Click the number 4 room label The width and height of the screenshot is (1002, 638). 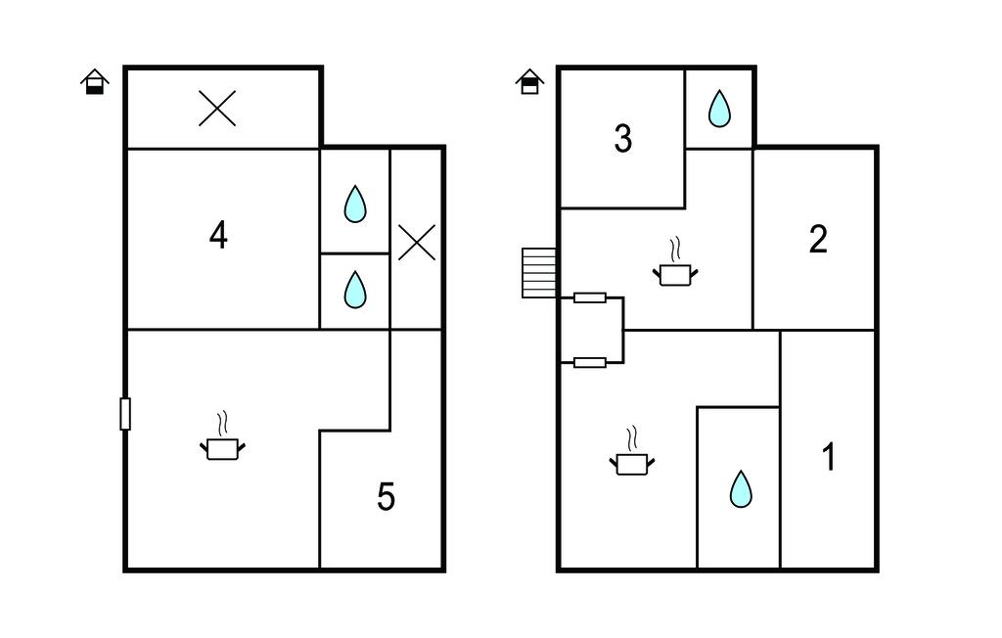(218, 235)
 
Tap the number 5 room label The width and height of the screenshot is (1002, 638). (387, 497)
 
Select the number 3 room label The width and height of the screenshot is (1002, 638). (622, 139)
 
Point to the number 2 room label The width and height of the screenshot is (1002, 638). (818, 239)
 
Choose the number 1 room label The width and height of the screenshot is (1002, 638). (829, 457)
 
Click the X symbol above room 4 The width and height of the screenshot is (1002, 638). (217, 108)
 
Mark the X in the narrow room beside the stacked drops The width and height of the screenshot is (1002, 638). (417, 242)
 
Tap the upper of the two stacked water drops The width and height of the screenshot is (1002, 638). (355, 205)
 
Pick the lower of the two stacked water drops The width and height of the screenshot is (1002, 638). (355, 290)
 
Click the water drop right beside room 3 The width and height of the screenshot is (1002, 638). (719, 109)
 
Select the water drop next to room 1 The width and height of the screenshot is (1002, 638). (741, 488)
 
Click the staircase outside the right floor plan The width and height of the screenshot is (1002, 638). (539, 272)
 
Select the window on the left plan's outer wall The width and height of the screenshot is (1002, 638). (125, 413)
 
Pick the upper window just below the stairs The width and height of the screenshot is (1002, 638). (590, 297)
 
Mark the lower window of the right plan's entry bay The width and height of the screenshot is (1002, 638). (590, 362)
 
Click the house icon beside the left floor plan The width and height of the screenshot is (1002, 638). (94, 81)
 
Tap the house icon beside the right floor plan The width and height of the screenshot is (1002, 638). (529, 81)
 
